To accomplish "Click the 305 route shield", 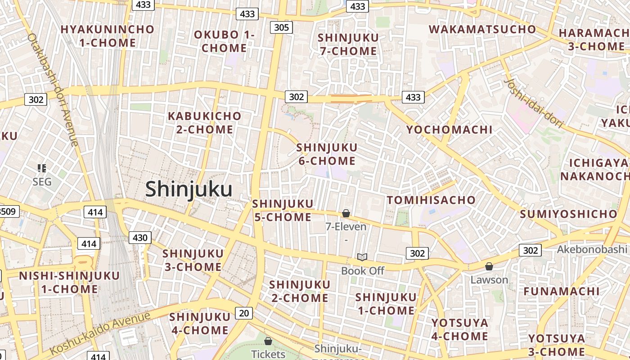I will coord(281,27).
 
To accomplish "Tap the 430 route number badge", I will coord(140,238).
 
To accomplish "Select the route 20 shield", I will coord(243,313).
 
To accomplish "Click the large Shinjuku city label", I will coord(189,189).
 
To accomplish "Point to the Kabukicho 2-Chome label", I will coord(205,123).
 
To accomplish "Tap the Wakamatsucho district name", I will coord(482,30).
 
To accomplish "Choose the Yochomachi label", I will coord(450,130).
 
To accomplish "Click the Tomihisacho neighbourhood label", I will coord(431,200).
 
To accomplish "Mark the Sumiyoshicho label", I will coord(568,214).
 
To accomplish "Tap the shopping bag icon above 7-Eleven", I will coord(346,213).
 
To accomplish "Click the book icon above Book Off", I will coord(362,257).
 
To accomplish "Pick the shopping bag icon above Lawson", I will coord(489,266).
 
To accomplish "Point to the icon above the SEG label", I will coord(42,168).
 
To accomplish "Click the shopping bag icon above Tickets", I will coord(268,341).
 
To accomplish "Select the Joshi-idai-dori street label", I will coord(534,103).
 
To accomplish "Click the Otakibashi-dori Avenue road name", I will coord(53,90).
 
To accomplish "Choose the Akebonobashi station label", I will coord(591,249).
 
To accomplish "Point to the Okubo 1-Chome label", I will coord(224,41).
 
